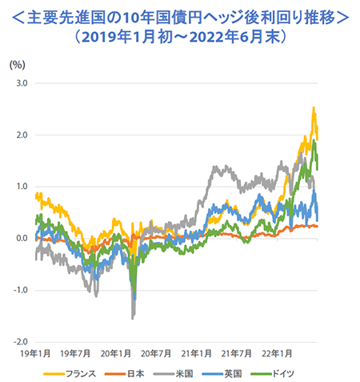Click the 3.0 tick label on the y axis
pyautogui.click(x=22, y=83)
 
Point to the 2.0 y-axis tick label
pyautogui.click(x=22, y=135)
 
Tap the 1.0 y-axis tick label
pyautogui.click(x=22, y=187)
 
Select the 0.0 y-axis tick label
pyautogui.click(x=22, y=238)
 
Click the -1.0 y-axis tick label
pyautogui.click(x=21, y=290)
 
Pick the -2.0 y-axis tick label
pyautogui.click(x=21, y=341)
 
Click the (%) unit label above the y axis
pyautogui.click(x=17, y=64)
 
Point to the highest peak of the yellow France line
pyautogui.click(x=313, y=108)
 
